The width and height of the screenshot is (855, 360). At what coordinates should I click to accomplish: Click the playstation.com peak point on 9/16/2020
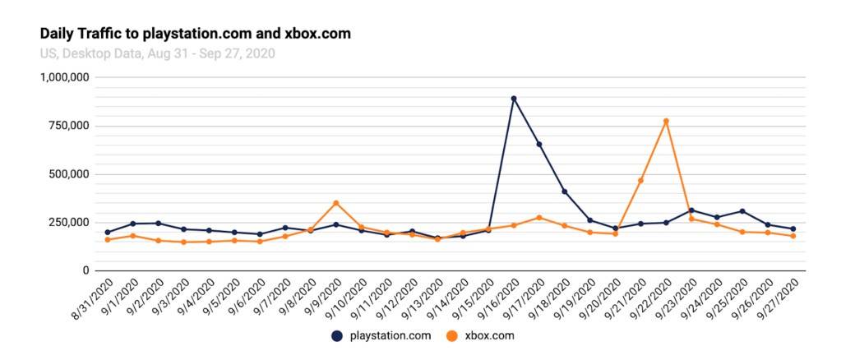pos(514,99)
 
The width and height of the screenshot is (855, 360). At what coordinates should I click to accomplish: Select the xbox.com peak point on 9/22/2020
pos(666,121)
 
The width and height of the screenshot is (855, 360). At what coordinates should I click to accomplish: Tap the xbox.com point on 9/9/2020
pos(335,203)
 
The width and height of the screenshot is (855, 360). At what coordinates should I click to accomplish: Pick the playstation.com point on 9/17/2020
pos(539,145)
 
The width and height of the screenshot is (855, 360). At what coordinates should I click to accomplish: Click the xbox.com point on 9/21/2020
pos(640,181)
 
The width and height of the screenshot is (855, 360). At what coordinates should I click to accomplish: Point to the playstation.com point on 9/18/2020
pos(565,192)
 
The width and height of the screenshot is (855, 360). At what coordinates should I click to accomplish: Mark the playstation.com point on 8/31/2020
pos(108,233)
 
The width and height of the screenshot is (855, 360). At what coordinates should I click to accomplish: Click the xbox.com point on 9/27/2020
pos(793,236)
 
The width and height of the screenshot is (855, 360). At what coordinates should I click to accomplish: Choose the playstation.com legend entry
pos(382,335)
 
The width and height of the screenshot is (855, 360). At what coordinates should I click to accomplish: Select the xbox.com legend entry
pos(481,335)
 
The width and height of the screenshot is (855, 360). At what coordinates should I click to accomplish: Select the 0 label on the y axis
pos(85,270)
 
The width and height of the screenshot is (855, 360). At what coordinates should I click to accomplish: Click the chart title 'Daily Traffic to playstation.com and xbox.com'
pos(196,34)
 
